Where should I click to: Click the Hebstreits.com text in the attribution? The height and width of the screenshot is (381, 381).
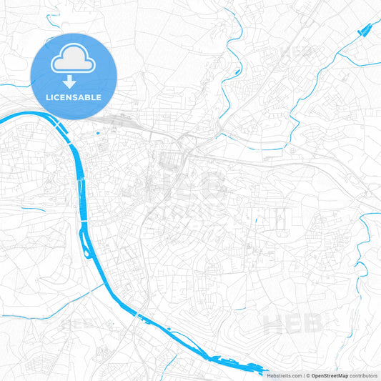click(284, 375)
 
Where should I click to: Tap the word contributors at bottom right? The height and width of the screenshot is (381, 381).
click(364, 375)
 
